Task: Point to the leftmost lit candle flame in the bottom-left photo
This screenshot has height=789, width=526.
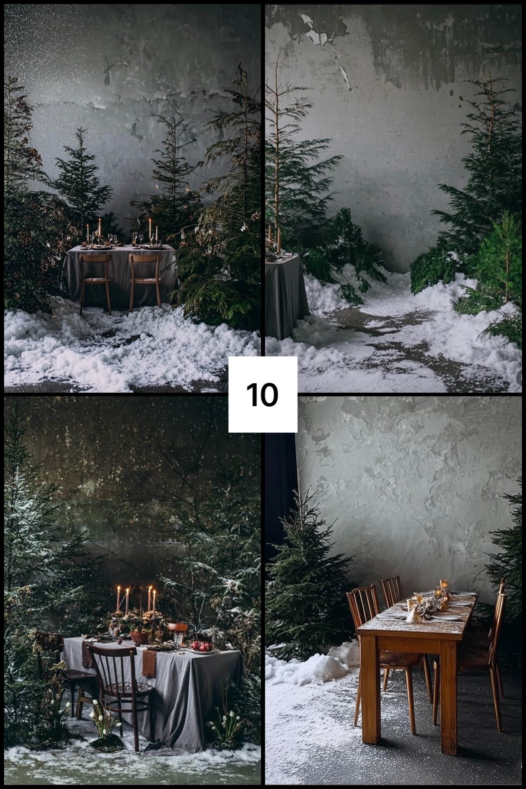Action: point(118,588)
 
